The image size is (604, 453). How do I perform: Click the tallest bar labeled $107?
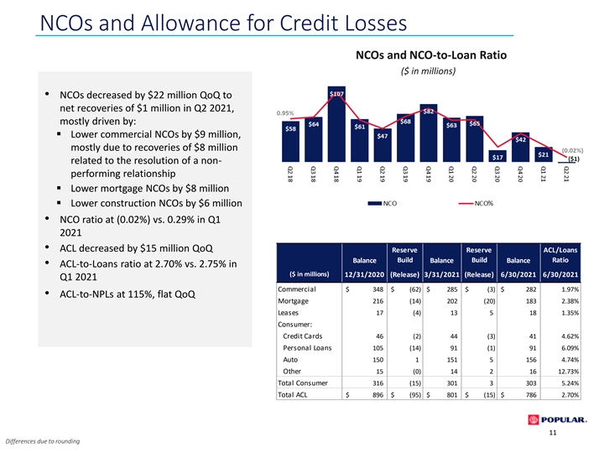point(336,124)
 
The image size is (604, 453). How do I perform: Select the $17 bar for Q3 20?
point(497,156)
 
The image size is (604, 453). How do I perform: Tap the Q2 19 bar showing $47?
point(383,145)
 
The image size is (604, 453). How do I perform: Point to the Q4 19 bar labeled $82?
point(429,133)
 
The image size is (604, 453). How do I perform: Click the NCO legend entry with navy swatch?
point(383,203)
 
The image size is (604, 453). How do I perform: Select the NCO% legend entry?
point(476,203)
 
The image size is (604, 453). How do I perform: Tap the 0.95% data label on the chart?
point(285,113)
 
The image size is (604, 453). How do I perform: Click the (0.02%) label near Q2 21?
point(572,151)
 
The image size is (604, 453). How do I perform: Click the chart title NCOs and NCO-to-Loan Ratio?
point(431,55)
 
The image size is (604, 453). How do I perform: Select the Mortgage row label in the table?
point(293,301)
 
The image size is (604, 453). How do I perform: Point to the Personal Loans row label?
point(307,348)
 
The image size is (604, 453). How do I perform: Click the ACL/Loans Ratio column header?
point(560,255)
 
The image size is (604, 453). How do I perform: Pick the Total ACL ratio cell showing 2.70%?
point(570,395)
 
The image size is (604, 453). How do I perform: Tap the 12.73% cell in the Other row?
point(569,372)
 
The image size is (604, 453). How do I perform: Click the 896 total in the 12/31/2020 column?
point(377,395)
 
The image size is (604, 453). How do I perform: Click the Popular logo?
point(557,420)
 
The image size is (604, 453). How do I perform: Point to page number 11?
point(553,433)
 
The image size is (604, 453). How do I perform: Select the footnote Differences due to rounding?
point(43,441)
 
